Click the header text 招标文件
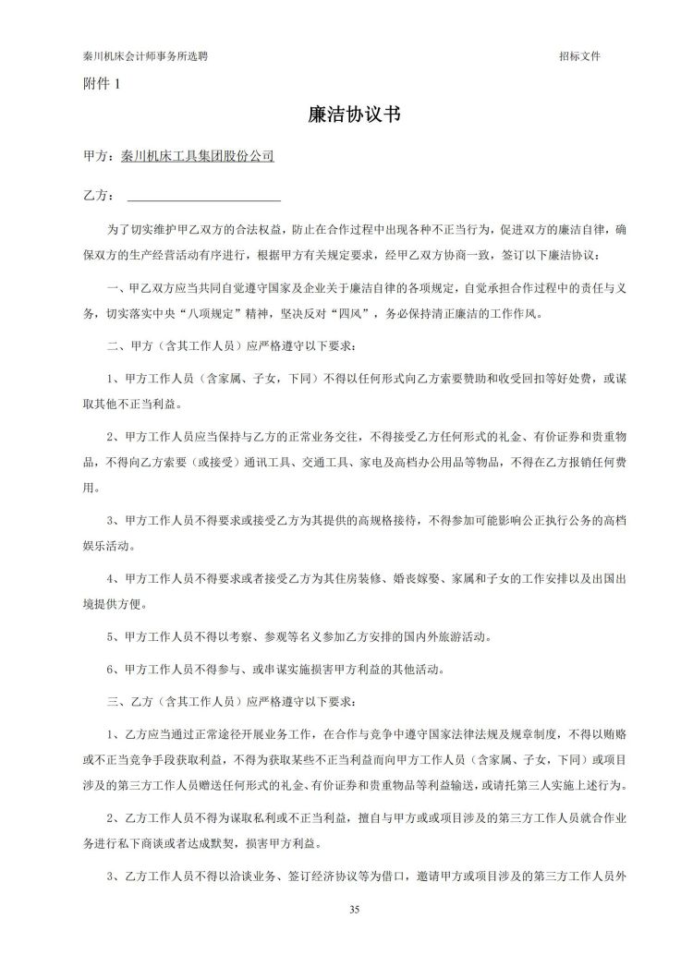pyautogui.click(x=579, y=55)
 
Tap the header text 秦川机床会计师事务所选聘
pyautogui.click(x=145, y=55)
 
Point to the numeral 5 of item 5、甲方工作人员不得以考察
pyautogui.click(x=111, y=636)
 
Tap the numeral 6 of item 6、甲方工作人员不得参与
pyautogui.click(x=111, y=669)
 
